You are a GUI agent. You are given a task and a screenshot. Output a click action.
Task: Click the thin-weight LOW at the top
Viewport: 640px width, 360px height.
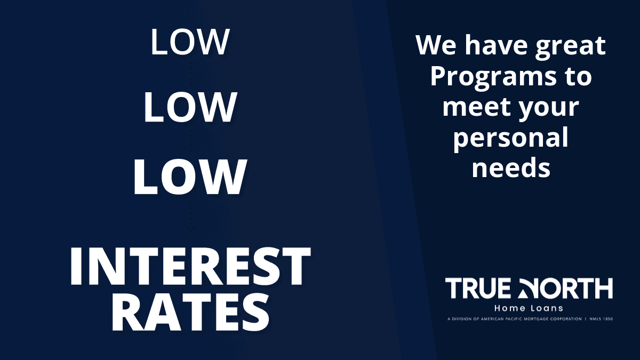point(190,42)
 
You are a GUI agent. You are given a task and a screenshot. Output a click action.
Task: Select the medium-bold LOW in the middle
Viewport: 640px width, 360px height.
point(190,107)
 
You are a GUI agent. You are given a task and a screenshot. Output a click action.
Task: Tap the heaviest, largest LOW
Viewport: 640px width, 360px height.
point(190,177)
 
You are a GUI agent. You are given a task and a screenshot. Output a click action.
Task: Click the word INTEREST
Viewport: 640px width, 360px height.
point(190,266)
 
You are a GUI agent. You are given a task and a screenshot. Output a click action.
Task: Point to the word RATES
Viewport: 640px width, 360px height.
point(190,313)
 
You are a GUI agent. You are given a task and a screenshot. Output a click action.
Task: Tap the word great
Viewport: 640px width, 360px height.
point(570,47)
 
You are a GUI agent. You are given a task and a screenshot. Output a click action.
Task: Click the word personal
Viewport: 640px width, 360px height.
point(510,139)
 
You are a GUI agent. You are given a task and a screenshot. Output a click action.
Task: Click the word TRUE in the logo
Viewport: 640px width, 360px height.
point(478,289)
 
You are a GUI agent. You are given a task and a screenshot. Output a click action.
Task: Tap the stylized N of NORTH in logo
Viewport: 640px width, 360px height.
point(527,289)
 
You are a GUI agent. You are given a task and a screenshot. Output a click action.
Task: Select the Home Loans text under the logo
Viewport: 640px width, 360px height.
point(529,309)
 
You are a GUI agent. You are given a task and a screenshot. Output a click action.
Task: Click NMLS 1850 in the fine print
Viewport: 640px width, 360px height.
point(601,319)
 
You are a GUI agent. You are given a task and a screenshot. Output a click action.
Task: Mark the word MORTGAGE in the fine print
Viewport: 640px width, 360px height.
point(534,319)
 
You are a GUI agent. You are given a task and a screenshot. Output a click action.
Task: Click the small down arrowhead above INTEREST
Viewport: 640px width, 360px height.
point(190,229)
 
